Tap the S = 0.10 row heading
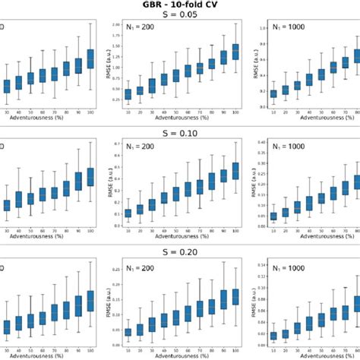[179, 134]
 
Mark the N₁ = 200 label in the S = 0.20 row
[139, 267]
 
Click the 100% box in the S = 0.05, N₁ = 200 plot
[235, 51]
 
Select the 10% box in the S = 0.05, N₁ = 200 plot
[128, 94]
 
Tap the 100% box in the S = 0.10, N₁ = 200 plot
[235, 171]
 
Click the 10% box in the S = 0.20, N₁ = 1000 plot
[273, 335]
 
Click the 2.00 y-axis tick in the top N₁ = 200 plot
[115, 25]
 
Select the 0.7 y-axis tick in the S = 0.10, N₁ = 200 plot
[116, 144]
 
